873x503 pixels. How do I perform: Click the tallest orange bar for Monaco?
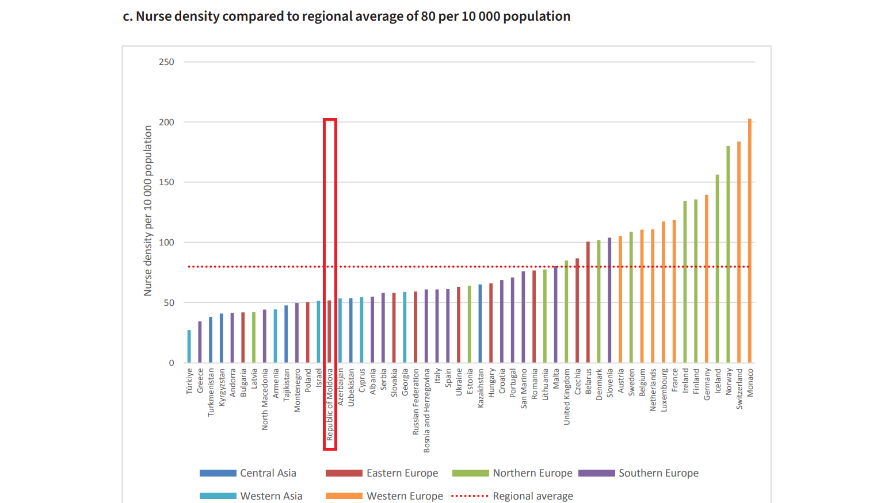(750, 241)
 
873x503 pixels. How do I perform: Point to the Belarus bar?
(588, 302)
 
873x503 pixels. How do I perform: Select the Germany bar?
(707, 279)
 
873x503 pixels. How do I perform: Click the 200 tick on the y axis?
(166, 122)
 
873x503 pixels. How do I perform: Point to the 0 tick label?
(171, 363)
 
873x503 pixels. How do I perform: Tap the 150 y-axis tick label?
(166, 182)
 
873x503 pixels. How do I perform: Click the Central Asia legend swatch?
(218, 473)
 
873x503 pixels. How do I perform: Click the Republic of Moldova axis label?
(330, 405)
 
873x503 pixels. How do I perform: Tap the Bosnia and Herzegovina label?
(427, 410)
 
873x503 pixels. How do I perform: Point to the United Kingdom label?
(567, 397)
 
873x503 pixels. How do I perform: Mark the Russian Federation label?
(416, 402)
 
